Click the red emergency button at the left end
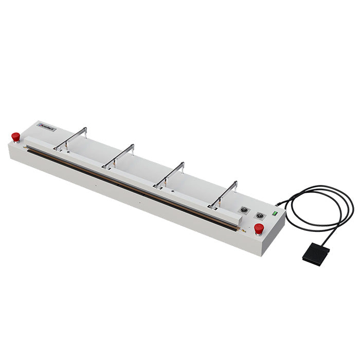(16, 137)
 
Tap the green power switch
(275, 212)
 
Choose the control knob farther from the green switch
(242, 210)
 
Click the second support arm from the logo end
(119, 155)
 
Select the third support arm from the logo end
(170, 174)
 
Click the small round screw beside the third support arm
(173, 190)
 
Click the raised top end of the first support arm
(85, 129)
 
